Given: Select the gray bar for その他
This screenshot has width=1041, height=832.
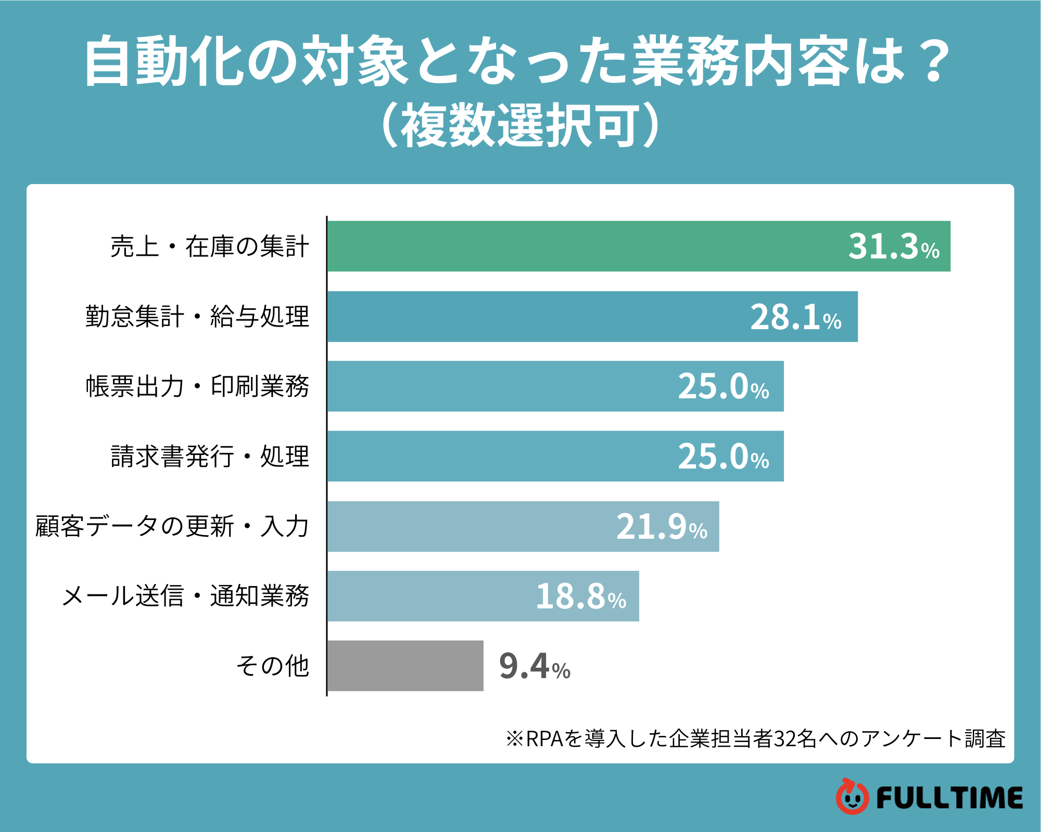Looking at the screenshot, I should coord(405,666).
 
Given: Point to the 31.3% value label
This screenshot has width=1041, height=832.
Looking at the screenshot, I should coord(894,246).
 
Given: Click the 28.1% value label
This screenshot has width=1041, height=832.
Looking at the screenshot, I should coord(795,317).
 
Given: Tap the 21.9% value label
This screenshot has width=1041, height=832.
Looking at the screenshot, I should coord(662,527).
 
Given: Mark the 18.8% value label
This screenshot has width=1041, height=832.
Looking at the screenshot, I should coord(581,596).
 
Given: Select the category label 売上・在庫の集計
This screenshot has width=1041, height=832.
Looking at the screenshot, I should coord(210,246).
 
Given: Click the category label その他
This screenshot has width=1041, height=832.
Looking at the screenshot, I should coord(273,666).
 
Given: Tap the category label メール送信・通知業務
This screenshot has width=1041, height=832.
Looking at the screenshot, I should coord(186,596).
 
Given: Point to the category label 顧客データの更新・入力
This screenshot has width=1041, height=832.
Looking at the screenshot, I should coord(172,526).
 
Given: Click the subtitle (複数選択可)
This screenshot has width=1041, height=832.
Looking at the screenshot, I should coord(520,125).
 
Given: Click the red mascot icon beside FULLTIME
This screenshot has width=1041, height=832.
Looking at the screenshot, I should coord(852,797).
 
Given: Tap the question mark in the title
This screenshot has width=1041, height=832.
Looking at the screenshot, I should coord(934,61).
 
